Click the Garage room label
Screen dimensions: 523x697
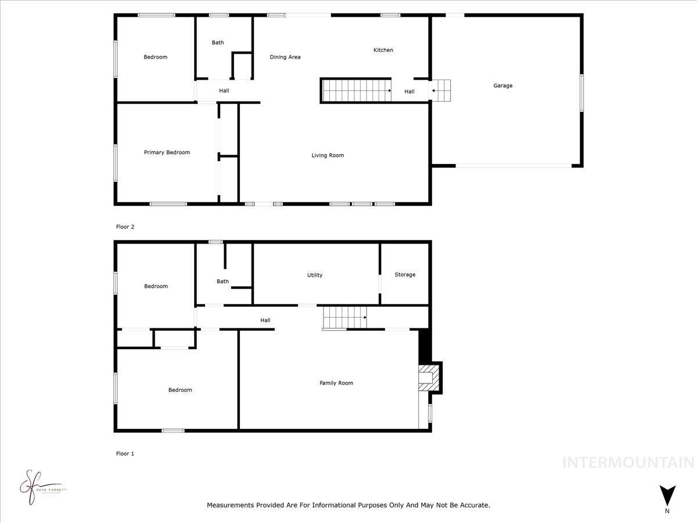503,85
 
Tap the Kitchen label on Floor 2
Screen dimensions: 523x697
383,50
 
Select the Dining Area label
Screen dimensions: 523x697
285,57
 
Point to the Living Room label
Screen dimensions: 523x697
328,155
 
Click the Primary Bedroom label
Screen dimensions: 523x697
167,152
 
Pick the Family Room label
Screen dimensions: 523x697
336,383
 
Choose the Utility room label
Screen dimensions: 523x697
315,275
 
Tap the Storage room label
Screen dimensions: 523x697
405,274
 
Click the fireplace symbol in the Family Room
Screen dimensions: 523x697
429,377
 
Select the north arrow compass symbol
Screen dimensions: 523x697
667,496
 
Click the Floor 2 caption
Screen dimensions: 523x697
125,227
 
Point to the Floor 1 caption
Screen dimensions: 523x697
125,453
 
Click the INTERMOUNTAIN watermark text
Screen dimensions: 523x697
628,463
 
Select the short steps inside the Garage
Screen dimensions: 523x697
442,91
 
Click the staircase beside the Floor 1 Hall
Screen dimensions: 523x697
344,318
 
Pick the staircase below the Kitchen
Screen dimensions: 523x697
355,91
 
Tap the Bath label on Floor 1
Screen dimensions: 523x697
222,281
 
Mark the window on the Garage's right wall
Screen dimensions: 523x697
581,93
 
